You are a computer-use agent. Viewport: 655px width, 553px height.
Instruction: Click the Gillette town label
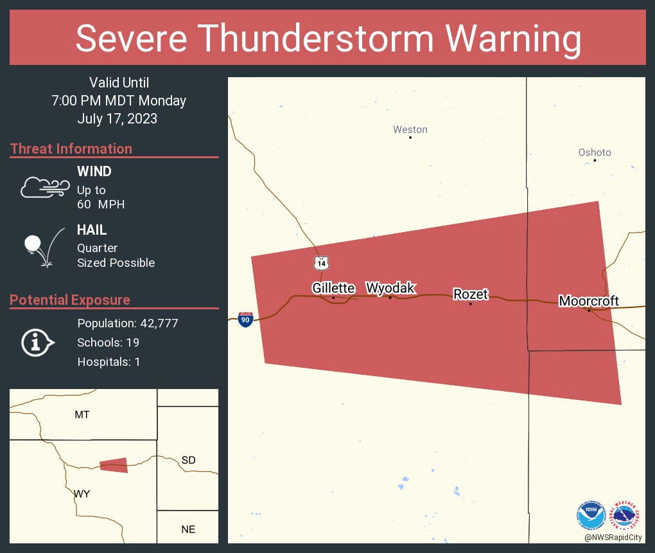coord(333,288)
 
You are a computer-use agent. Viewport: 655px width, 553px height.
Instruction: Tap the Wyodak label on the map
coord(390,287)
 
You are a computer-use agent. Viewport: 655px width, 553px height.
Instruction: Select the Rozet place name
coord(471,295)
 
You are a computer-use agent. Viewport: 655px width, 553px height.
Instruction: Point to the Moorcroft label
coord(588,301)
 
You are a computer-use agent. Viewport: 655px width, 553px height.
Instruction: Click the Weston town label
coord(410,129)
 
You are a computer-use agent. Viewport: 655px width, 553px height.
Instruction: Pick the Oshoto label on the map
coord(594,152)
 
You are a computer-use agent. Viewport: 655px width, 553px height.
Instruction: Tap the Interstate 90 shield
coord(245,319)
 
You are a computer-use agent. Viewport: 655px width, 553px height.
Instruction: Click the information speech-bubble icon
coord(38,343)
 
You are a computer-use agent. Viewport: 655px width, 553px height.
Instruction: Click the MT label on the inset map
coord(82,415)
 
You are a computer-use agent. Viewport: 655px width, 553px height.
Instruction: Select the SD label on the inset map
coord(188,460)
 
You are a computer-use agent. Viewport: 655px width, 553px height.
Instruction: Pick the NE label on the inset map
coord(188,530)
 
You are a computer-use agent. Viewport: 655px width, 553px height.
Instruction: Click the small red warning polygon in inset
coord(114,465)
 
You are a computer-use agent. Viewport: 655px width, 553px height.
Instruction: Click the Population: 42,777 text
coord(127,323)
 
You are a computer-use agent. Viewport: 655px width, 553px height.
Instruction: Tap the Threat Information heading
coord(71,149)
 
